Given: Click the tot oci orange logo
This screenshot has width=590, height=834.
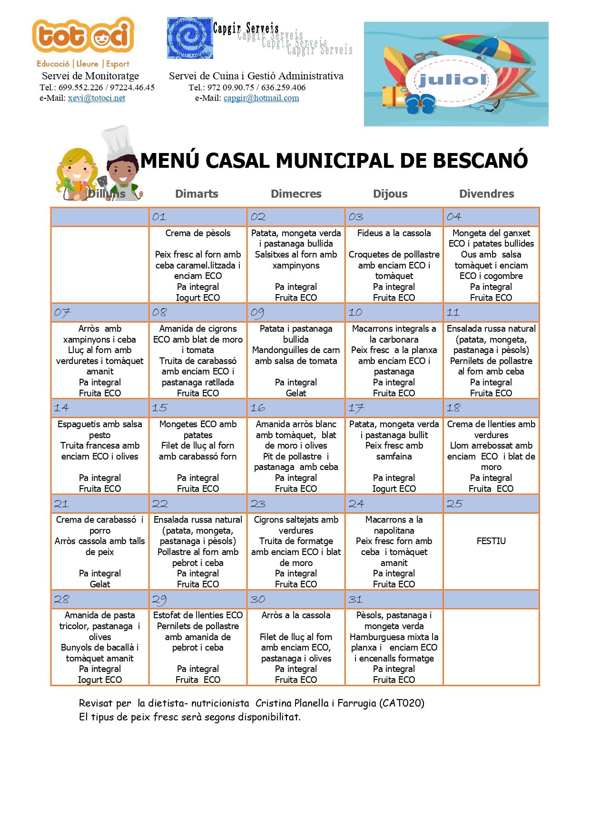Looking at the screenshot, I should click(x=83, y=36).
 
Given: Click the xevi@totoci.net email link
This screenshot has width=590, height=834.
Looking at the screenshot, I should click(x=96, y=98).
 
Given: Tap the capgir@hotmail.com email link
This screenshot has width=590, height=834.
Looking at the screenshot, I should click(x=261, y=98).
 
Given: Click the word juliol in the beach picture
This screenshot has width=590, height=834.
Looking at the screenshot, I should click(x=452, y=80).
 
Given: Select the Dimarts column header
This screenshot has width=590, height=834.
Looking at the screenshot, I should click(x=197, y=194).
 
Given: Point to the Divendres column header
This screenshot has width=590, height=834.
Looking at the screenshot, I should click(x=486, y=194).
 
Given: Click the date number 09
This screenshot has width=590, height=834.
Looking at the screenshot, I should click(x=257, y=313).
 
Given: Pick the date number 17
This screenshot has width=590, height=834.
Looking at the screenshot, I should click(x=356, y=408).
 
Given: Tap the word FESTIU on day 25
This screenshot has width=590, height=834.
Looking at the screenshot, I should click(x=491, y=541).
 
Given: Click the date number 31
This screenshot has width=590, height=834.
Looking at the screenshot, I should click(x=355, y=599).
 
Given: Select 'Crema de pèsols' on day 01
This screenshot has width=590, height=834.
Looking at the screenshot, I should click(x=198, y=233).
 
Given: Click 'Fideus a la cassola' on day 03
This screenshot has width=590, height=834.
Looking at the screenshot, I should click(x=394, y=233).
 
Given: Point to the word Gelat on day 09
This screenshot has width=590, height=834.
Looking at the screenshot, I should click(x=296, y=393).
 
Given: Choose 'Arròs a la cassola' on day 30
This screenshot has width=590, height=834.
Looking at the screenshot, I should click(x=296, y=615).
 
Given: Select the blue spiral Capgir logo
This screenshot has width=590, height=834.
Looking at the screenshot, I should click(x=189, y=38).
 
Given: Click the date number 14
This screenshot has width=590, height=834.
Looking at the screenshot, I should click(x=61, y=408).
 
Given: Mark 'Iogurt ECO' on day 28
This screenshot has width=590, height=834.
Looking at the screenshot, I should click(x=100, y=680).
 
